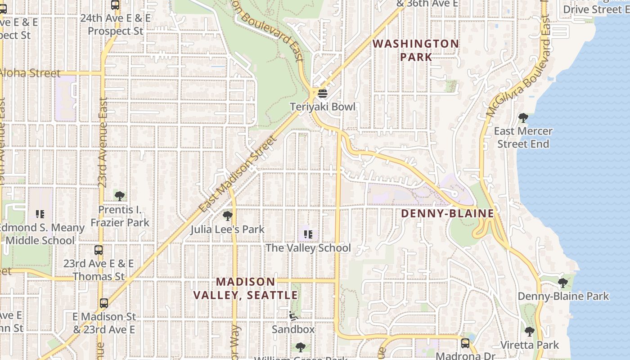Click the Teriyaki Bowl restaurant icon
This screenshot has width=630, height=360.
(x=322, y=94)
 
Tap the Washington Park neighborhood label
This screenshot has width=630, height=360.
(x=416, y=50)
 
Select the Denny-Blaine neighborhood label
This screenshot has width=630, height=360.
(x=447, y=213)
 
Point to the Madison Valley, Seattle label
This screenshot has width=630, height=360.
(x=246, y=288)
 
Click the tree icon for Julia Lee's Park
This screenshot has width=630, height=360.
(x=227, y=216)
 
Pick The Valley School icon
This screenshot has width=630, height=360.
(x=308, y=234)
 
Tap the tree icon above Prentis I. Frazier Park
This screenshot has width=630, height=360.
(x=120, y=196)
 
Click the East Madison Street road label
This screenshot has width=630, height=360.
(x=239, y=174)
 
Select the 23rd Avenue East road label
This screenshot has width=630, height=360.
(x=103, y=142)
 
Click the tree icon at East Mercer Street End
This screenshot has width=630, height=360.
(x=523, y=118)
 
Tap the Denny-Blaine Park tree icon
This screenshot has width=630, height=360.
(x=562, y=283)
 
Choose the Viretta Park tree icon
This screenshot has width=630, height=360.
(x=530, y=332)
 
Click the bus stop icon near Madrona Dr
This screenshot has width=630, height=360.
(x=465, y=343)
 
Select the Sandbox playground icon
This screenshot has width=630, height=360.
(x=293, y=316)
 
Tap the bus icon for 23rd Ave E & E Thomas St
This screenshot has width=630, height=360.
(x=99, y=250)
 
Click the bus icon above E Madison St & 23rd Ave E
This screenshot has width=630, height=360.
(x=104, y=303)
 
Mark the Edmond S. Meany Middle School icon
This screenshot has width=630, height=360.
(x=40, y=214)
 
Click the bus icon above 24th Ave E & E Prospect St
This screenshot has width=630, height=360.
(x=115, y=5)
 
